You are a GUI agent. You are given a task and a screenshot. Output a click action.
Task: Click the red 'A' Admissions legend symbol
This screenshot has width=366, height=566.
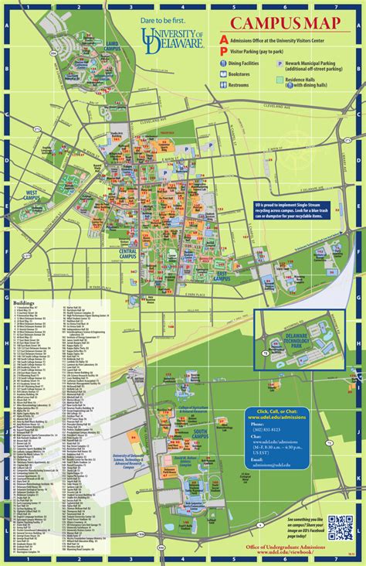[x=224, y=39]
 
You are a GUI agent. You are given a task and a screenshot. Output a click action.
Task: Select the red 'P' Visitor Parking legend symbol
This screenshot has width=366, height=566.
[x=224, y=50]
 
